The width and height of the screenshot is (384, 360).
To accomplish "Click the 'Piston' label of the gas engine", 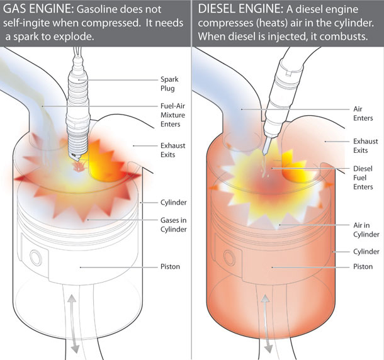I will pos(170,267).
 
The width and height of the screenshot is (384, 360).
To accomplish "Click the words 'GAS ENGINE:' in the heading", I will pos(35,11).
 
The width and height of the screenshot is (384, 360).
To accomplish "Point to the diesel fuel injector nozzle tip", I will pos(269,150).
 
